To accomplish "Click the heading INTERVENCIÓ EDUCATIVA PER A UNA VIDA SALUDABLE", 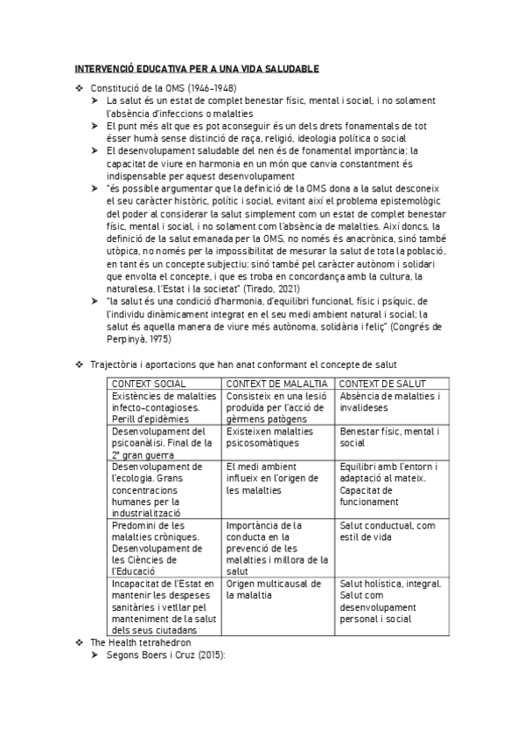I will pos(195,68).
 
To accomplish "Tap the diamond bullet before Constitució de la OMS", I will pos(80,88).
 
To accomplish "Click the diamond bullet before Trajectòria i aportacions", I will pos(80,364).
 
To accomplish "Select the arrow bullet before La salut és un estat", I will pos(96,100).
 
